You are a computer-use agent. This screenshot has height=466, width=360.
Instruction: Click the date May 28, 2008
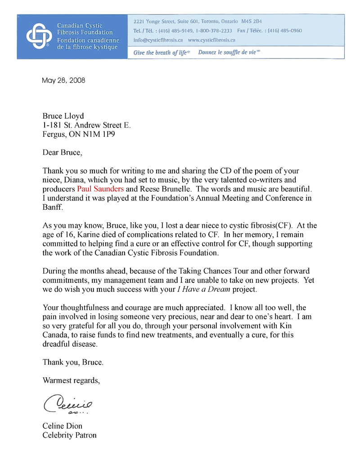tap(63, 81)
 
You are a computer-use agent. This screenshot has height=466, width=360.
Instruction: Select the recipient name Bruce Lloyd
tap(63, 116)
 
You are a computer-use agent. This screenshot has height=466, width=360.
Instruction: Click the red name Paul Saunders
tap(100, 189)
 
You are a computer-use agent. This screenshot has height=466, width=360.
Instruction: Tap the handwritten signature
tap(68, 402)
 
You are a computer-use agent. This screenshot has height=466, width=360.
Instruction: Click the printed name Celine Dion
tap(62, 426)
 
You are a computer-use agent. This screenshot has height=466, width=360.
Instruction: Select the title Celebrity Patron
tap(69, 435)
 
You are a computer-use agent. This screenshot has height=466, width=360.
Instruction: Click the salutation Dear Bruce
tap(63, 152)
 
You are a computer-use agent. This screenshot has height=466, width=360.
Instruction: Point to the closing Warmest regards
tap(71, 380)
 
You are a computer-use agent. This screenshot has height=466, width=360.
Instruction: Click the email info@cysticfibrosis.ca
tap(158, 40)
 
